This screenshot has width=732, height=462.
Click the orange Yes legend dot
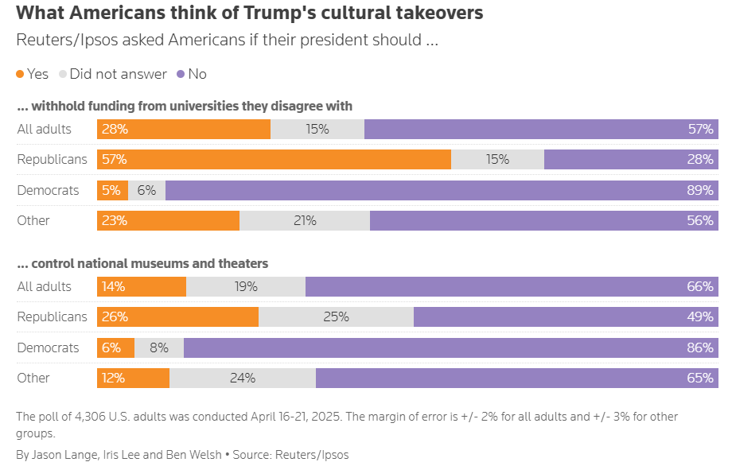point(20,74)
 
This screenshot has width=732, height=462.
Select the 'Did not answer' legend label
point(118,74)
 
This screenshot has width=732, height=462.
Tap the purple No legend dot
point(181,74)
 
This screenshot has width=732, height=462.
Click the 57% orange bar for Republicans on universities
point(274,159)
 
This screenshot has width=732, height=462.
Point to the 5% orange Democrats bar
point(112,190)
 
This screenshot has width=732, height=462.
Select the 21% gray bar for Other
point(305,220)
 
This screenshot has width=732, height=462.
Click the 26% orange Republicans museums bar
point(177,316)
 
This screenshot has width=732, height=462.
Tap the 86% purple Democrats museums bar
point(450,347)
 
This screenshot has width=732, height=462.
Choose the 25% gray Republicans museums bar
point(336,316)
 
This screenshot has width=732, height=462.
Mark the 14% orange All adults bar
point(142,286)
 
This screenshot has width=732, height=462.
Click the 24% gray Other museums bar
point(243,378)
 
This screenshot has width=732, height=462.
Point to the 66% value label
point(700,286)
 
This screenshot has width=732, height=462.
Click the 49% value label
point(700,316)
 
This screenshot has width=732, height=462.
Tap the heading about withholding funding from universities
point(185,106)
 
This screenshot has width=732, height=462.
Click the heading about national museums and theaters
point(142,263)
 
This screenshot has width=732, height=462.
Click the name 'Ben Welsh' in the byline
point(193,455)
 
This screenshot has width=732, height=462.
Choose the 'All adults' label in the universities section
point(45,129)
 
